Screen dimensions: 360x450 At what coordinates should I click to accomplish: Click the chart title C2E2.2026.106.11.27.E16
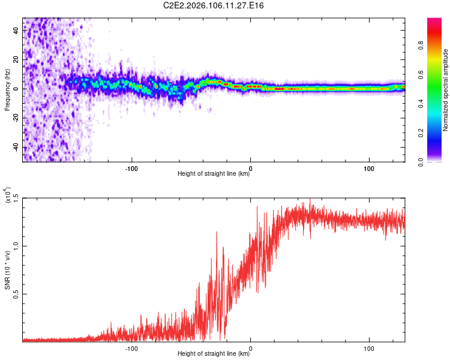coord(214,5)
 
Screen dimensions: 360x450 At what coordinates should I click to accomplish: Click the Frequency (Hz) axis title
coord(8,89)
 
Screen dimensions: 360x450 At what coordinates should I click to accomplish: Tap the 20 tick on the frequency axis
coord(16,59)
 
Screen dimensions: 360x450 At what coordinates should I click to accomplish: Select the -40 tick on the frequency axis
coord(16,148)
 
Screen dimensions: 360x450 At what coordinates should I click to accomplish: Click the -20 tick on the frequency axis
coord(16,118)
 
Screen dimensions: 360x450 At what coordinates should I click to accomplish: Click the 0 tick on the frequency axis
coord(16,89)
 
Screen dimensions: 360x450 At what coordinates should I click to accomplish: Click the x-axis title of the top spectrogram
coord(214,174)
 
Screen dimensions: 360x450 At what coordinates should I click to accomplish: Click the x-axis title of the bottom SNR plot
coord(214,354)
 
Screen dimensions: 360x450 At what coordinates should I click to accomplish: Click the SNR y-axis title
coord(8,269)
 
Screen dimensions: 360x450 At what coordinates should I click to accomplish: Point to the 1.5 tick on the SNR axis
coord(16,199)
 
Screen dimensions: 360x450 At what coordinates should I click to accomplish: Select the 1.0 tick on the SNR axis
coord(16,246)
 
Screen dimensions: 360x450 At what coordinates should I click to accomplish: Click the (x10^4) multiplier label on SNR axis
coord(8,196)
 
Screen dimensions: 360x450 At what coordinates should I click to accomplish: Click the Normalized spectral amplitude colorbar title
coord(446,91)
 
